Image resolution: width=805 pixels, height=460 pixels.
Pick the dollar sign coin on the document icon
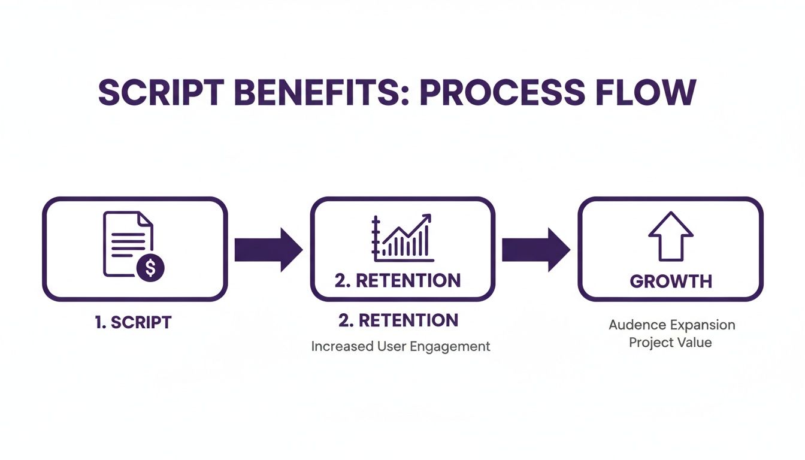coord(150,268)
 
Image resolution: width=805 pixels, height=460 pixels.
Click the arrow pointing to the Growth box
coord(535,249)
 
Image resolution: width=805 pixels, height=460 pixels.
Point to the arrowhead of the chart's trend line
coord(426,219)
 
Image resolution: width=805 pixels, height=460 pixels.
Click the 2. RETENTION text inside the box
coord(398,280)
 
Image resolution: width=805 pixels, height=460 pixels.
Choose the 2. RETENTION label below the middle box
coord(398,320)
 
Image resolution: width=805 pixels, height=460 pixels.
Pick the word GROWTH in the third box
coord(671,281)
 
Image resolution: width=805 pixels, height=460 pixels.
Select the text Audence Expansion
coord(671,325)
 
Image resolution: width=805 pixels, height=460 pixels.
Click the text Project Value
coord(670,343)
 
